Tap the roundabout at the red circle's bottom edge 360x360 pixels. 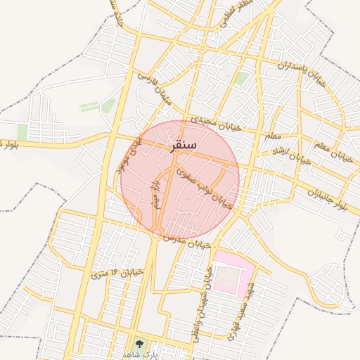(x=158, y=233)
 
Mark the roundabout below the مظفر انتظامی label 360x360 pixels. (x=202, y=49)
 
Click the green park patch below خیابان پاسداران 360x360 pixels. (x=241, y=79)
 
